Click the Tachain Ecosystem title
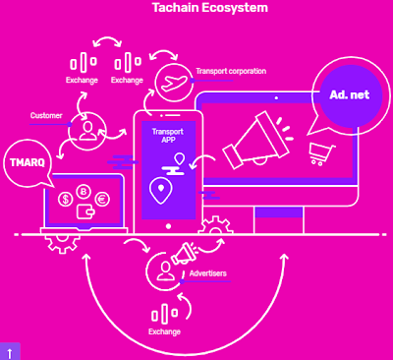[x=210, y=8]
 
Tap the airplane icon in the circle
[x=175, y=83]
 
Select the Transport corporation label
[x=231, y=71]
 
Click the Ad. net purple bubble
[x=351, y=95]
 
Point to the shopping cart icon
[x=321, y=153]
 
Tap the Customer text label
[x=46, y=115]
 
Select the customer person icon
[x=87, y=131]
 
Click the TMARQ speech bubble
[x=28, y=163]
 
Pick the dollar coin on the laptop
[x=66, y=200]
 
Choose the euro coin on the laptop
[x=102, y=200]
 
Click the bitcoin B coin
[x=84, y=192]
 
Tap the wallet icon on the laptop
[x=85, y=211]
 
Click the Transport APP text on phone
[x=168, y=136]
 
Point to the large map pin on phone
[x=160, y=191]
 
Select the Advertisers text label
[x=208, y=273]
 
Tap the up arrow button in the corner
[x=10, y=352]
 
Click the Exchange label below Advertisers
[x=164, y=331]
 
